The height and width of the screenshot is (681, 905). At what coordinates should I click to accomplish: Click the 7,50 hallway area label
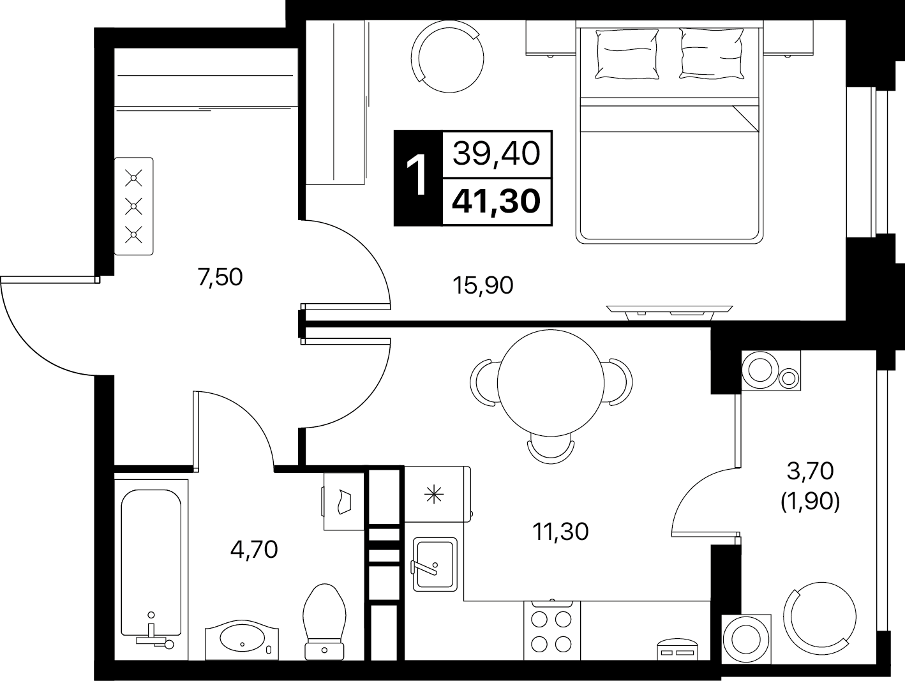click(220, 278)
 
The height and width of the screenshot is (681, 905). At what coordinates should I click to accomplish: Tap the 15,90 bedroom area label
click(482, 286)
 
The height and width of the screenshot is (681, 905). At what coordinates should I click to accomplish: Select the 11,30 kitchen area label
click(561, 532)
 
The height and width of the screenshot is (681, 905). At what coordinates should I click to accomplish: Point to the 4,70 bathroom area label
click(254, 550)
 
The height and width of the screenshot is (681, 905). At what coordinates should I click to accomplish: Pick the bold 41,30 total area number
click(496, 202)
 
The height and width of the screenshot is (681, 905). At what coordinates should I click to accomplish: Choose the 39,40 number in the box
click(497, 154)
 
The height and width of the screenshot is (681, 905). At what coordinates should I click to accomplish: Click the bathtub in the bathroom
click(151, 569)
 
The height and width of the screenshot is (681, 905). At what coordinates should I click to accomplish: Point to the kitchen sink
click(435, 564)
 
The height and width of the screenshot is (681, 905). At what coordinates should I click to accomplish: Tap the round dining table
click(551, 383)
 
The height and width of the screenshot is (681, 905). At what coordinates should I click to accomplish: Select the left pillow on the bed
click(627, 54)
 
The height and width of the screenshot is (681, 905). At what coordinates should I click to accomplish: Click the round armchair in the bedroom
click(447, 56)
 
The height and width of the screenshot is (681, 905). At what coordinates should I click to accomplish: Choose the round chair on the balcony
click(819, 617)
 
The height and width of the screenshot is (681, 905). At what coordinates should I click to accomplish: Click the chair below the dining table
click(551, 451)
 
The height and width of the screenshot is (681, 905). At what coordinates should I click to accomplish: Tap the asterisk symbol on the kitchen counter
click(434, 495)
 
